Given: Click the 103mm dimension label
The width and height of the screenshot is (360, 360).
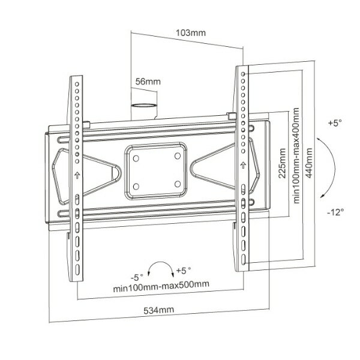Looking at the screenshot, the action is pos(191,33).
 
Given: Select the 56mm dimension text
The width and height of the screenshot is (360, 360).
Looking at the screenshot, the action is pos(148,82).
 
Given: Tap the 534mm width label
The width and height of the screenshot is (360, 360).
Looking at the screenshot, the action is pos(158,310).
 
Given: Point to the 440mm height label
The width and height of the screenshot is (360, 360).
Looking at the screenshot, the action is pos(309,163).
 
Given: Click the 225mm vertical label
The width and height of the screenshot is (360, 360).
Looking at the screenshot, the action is pos(282,163).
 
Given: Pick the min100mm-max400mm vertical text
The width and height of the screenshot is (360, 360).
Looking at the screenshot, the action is pos(296,155).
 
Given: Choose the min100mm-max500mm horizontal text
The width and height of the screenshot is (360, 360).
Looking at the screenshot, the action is pos(161,284).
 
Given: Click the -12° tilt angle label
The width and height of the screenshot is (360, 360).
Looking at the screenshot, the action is pos(335,212).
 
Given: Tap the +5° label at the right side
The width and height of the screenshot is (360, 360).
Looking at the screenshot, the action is pos(335,123).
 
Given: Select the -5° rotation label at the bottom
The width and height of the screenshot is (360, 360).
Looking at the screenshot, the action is pos(137,277).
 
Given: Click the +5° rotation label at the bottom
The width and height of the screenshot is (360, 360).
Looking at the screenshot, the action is pos(183,271).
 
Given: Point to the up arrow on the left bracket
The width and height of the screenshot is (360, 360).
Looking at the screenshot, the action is pos(77,175).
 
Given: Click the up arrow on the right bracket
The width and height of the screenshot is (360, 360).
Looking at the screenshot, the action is pos(243,165).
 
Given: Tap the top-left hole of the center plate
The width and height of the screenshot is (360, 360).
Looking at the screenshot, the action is pos(136,158).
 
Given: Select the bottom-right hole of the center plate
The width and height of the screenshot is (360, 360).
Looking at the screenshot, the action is pos(178,184).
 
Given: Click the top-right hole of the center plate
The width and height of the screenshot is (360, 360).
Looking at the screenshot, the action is pos(178,156).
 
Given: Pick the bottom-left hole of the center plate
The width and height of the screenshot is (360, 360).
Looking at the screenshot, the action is pos(136,186).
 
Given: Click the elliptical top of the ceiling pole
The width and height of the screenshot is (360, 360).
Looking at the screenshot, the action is pos(144,106).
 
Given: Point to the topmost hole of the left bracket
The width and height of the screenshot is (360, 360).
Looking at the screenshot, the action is pos(77,84).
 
